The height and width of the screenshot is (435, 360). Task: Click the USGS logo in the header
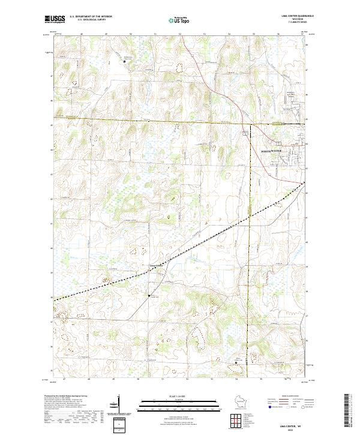53,20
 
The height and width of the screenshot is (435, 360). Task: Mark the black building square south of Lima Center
149,295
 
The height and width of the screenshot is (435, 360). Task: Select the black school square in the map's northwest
125,61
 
